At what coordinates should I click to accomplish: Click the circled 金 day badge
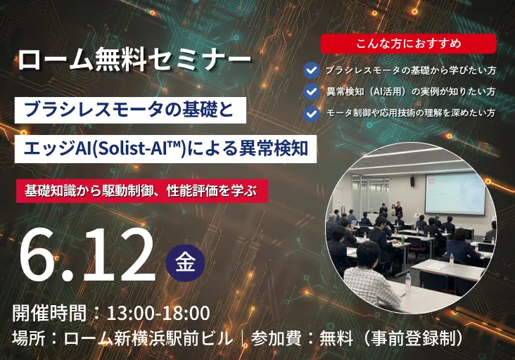pos(185,262)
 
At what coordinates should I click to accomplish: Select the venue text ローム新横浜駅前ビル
pos(148,338)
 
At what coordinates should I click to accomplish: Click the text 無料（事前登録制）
pos(391,338)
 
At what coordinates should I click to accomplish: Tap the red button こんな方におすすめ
pos(408,44)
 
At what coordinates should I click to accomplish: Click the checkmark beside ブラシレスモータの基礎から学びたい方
pos(311,70)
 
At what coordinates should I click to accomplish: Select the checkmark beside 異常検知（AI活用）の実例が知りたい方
pos(311,91)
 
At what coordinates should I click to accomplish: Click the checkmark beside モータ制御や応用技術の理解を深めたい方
pos(311,112)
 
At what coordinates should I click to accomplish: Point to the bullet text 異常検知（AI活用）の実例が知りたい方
pos(410,91)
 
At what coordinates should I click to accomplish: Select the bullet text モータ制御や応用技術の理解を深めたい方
pos(410,112)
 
